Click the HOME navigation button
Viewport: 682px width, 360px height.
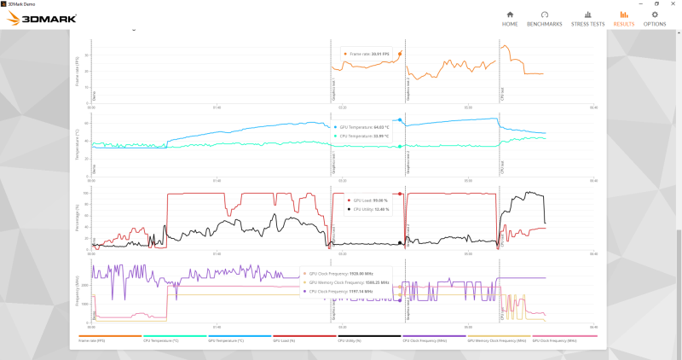click(510, 18)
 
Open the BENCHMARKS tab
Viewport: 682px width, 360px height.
click(545, 18)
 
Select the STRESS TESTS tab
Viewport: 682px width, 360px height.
click(587, 18)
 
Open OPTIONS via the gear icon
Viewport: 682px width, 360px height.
click(655, 18)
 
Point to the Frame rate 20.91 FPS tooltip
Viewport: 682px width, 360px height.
click(369, 54)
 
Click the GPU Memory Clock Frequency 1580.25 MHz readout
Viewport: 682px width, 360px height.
click(348, 282)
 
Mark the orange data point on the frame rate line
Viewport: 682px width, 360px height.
click(400, 53)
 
